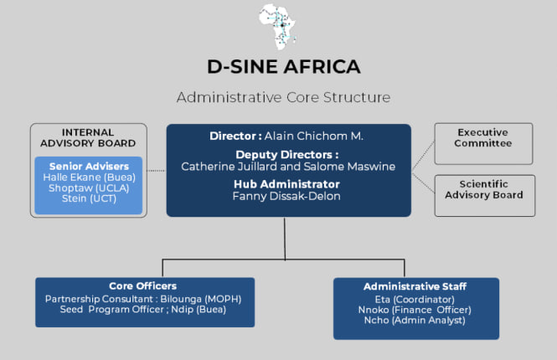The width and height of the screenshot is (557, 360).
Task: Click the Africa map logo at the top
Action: [x=278, y=27]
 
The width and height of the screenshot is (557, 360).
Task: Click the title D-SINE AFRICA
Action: [x=284, y=67]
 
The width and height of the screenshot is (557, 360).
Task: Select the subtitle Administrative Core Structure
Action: [x=283, y=97]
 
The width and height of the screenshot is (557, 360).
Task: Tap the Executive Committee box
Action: [x=483, y=144]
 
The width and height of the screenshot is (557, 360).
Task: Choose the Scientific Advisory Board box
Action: [x=484, y=196]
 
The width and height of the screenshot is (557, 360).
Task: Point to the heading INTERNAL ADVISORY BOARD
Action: [x=88, y=138]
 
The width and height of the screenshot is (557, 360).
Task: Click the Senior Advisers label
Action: [x=89, y=166]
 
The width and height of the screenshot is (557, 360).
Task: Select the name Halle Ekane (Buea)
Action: [x=89, y=177]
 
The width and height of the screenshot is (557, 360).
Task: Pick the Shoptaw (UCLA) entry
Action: [x=89, y=188]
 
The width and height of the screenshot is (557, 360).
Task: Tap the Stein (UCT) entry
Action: [x=89, y=198]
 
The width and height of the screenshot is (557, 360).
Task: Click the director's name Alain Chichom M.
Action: [x=313, y=136]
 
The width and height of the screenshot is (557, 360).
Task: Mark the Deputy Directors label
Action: [x=287, y=155]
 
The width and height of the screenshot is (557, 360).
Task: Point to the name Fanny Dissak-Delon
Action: [x=286, y=196]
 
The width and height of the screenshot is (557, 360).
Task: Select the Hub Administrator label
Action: [x=286, y=184]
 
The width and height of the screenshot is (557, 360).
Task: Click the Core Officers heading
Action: [x=142, y=285]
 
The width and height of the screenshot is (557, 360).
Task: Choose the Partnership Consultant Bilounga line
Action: [x=143, y=299]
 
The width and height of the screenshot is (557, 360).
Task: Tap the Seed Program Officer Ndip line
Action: [x=142, y=309]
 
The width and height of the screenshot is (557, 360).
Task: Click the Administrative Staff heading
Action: [x=415, y=286]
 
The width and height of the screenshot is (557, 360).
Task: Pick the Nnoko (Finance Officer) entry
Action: [x=415, y=310]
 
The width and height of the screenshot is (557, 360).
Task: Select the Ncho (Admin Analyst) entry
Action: [x=415, y=320]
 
